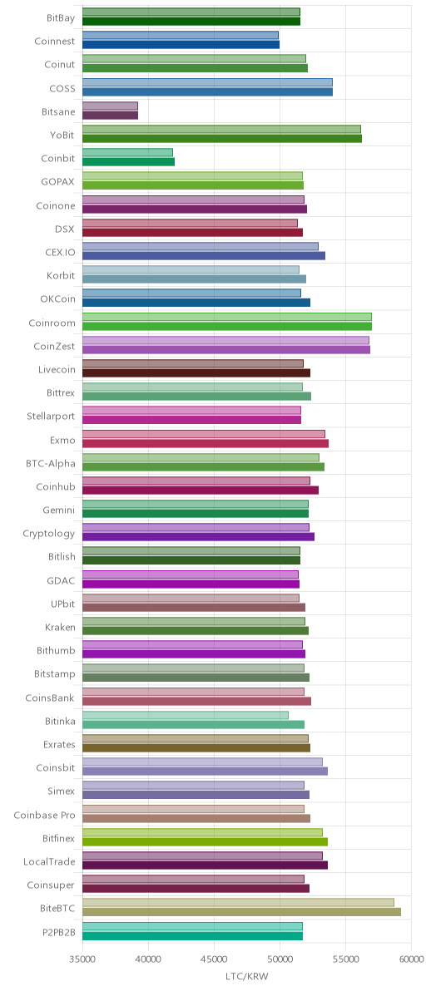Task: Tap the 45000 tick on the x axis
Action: pyautogui.click(x=214, y=959)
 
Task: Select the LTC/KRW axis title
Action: pyautogui.click(x=246, y=977)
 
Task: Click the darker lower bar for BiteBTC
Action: pyautogui.click(x=241, y=912)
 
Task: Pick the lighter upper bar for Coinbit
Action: pyautogui.click(x=127, y=152)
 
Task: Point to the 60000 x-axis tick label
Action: pyautogui.click(x=411, y=959)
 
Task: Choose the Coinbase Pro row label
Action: pyautogui.click(x=44, y=816)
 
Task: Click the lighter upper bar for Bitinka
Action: pyautogui.click(x=186, y=715)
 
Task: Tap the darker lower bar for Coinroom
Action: pyautogui.click(x=227, y=326)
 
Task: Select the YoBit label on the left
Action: pyautogui.click(x=62, y=136)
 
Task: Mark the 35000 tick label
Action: pyautogui.click(x=83, y=959)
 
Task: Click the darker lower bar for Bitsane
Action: pyautogui.click(x=110, y=115)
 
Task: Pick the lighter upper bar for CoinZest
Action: pyautogui.click(x=225, y=340)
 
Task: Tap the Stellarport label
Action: pyautogui.click(x=52, y=417)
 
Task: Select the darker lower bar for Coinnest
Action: pyautogui.click(x=181, y=45)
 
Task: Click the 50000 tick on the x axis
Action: pyautogui.click(x=280, y=959)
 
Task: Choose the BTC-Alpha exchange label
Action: pyautogui.click(x=51, y=463)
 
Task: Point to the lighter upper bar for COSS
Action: pyautogui.click(x=207, y=82)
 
